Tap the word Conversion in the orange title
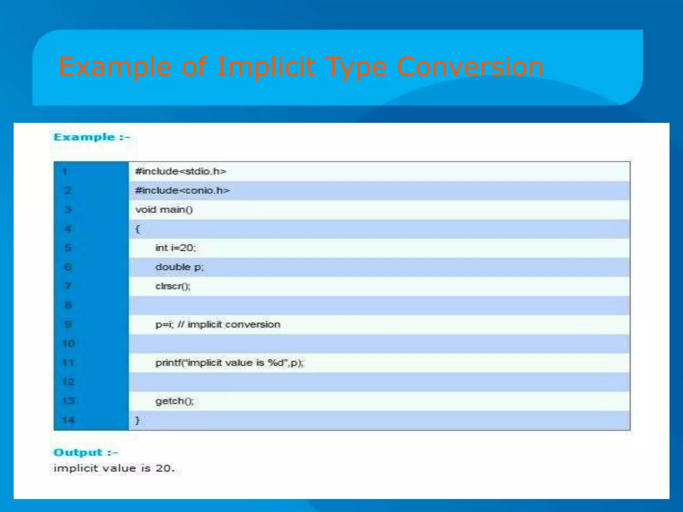tap(470, 67)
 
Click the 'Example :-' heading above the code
tap(92, 137)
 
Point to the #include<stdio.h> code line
tap(181, 171)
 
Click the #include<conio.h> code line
tap(182, 190)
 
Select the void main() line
tap(164, 210)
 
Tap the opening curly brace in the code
tap(137, 229)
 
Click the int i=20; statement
tap(176, 248)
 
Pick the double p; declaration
tap(179, 267)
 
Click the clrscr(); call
tap(173, 286)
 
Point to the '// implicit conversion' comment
tap(229, 325)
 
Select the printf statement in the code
tap(229, 363)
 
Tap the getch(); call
tap(174, 401)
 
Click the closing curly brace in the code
tap(137, 420)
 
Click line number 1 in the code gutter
tap(65, 172)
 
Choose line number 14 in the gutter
tap(68, 420)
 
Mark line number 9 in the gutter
tap(68, 324)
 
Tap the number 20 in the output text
tap(163, 468)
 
